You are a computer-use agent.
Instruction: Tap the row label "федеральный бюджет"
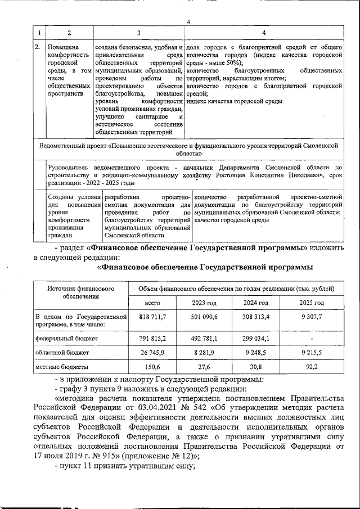click(x=58, y=339)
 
